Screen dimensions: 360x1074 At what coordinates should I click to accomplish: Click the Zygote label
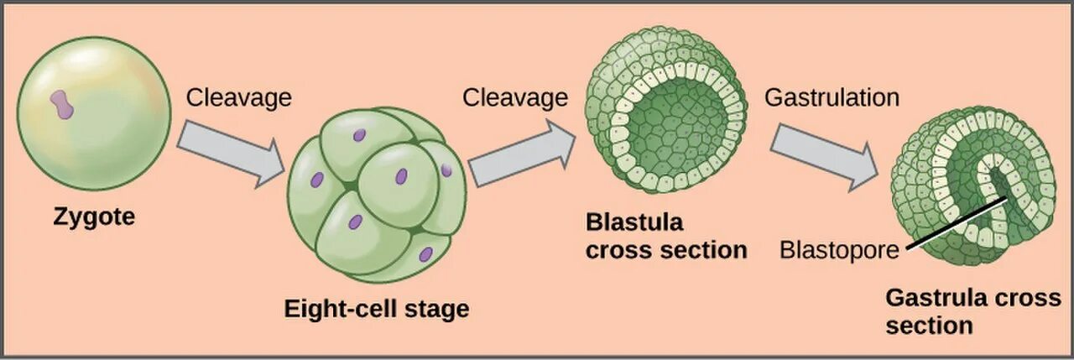(x=94, y=217)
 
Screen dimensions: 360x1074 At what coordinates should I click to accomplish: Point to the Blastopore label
(x=838, y=250)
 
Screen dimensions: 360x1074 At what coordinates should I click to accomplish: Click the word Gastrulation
(x=831, y=97)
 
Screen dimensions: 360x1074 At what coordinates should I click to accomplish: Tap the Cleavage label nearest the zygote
(x=238, y=97)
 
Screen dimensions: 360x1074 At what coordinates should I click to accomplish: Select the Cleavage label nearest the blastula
(x=515, y=97)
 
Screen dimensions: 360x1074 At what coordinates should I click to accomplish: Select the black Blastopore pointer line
(x=957, y=225)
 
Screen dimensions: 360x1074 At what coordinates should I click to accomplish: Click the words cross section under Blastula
(x=666, y=249)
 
